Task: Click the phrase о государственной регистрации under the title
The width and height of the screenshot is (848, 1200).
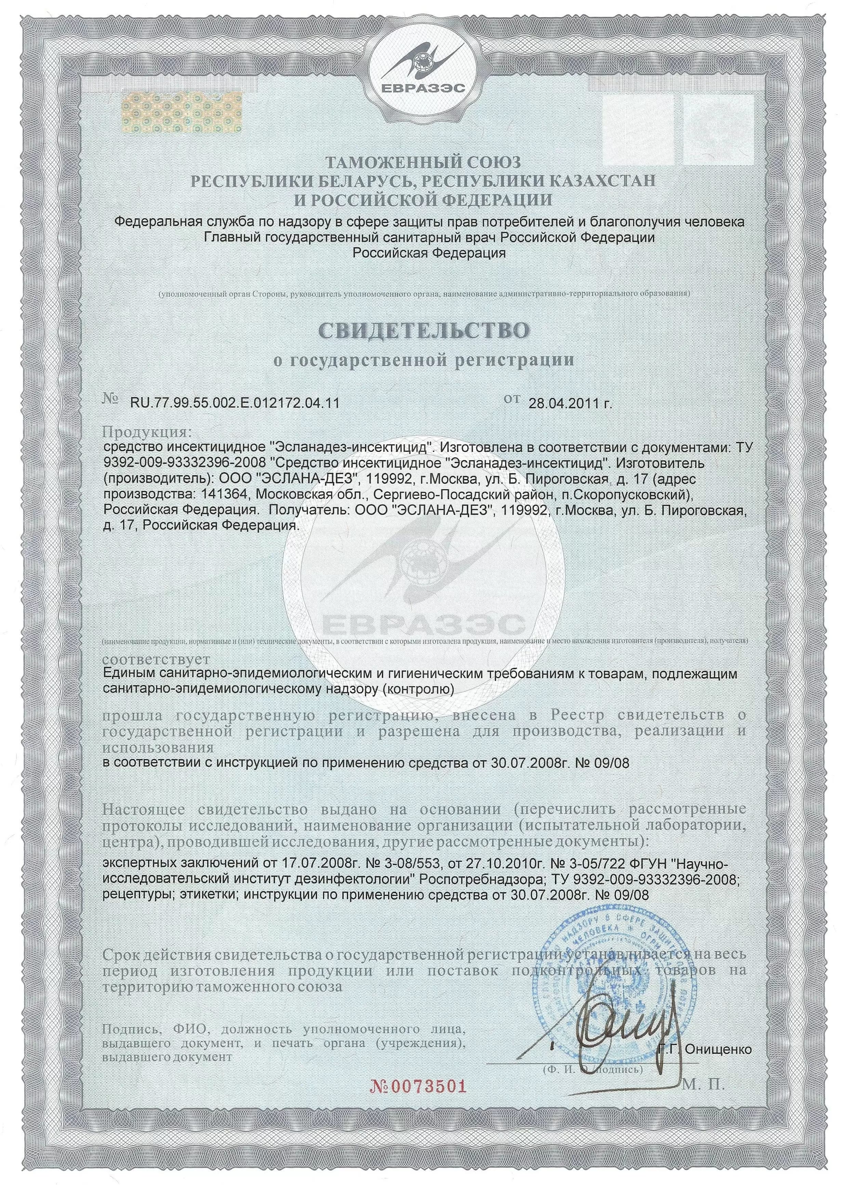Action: (x=423, y=360)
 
